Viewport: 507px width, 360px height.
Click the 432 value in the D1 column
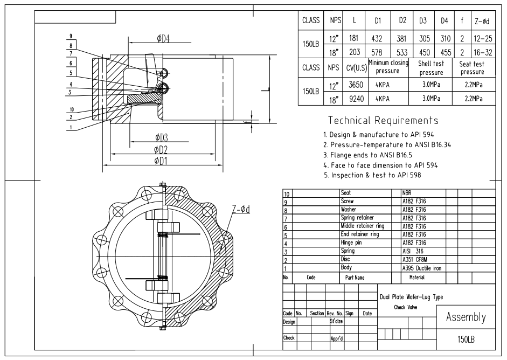coord(377,39)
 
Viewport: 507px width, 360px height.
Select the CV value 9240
coord(356,99)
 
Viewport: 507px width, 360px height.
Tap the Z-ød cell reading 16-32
coord(483,52)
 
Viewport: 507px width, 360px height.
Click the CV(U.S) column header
coord(357,68)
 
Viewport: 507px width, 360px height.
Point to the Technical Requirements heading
coord(383,120)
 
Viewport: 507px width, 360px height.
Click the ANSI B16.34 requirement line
coord(387,144)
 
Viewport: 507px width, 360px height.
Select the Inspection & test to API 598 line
coord(372,175)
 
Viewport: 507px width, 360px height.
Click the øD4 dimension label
coord(163,39)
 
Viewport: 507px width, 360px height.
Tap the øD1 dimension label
coord(161,161)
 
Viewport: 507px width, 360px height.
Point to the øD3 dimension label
coord(161,137)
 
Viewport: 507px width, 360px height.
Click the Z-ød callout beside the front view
coord(241,210)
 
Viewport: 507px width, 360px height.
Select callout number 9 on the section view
coord(71,36)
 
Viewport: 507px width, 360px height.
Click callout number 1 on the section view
coord(71,127)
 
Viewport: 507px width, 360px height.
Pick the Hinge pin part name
coord(351,243)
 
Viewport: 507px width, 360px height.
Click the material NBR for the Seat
coord(407,193)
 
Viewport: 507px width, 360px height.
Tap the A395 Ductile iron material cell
coord(422,268)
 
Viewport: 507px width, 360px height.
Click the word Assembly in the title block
coord(466,317)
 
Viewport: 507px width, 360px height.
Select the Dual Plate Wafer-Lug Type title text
coord(411,297)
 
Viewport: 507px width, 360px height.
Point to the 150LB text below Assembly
coord(466,340)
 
